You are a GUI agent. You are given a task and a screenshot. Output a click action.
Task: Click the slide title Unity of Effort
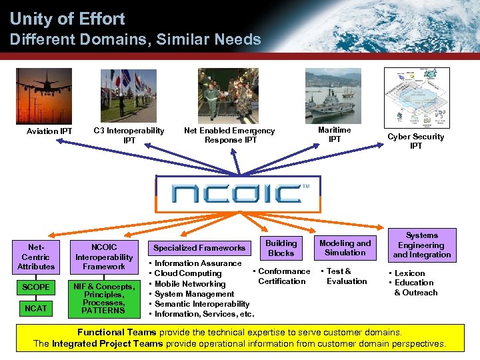point(67,18)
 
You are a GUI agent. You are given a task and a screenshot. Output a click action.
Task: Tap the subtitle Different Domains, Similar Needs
point(135,40)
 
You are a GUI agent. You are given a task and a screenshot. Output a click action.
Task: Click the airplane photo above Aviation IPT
point(44,95)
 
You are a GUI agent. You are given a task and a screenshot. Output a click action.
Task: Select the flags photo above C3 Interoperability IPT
point(129,95)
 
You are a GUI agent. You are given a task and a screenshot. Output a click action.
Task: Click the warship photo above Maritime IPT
point(333,95)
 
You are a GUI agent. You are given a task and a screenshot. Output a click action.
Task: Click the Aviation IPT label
point(49,131)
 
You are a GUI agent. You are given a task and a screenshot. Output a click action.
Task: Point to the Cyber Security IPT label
point(416,141)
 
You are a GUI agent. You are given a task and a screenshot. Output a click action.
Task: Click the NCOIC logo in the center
point(238,194)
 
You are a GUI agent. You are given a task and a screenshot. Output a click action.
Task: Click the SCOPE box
point(36,287)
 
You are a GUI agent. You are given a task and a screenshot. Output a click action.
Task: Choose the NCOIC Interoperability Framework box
point(103,257)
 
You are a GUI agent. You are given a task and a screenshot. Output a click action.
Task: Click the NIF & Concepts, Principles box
point(103,298)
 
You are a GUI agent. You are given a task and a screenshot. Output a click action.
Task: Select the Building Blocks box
point(281,248)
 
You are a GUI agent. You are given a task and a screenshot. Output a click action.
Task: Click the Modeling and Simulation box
point(345,248)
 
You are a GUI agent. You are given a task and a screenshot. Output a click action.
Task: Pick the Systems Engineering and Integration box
point(422,245)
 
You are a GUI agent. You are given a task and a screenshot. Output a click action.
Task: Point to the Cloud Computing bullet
point(188,273)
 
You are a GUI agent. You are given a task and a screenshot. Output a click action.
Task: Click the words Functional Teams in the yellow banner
point(117,332)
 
